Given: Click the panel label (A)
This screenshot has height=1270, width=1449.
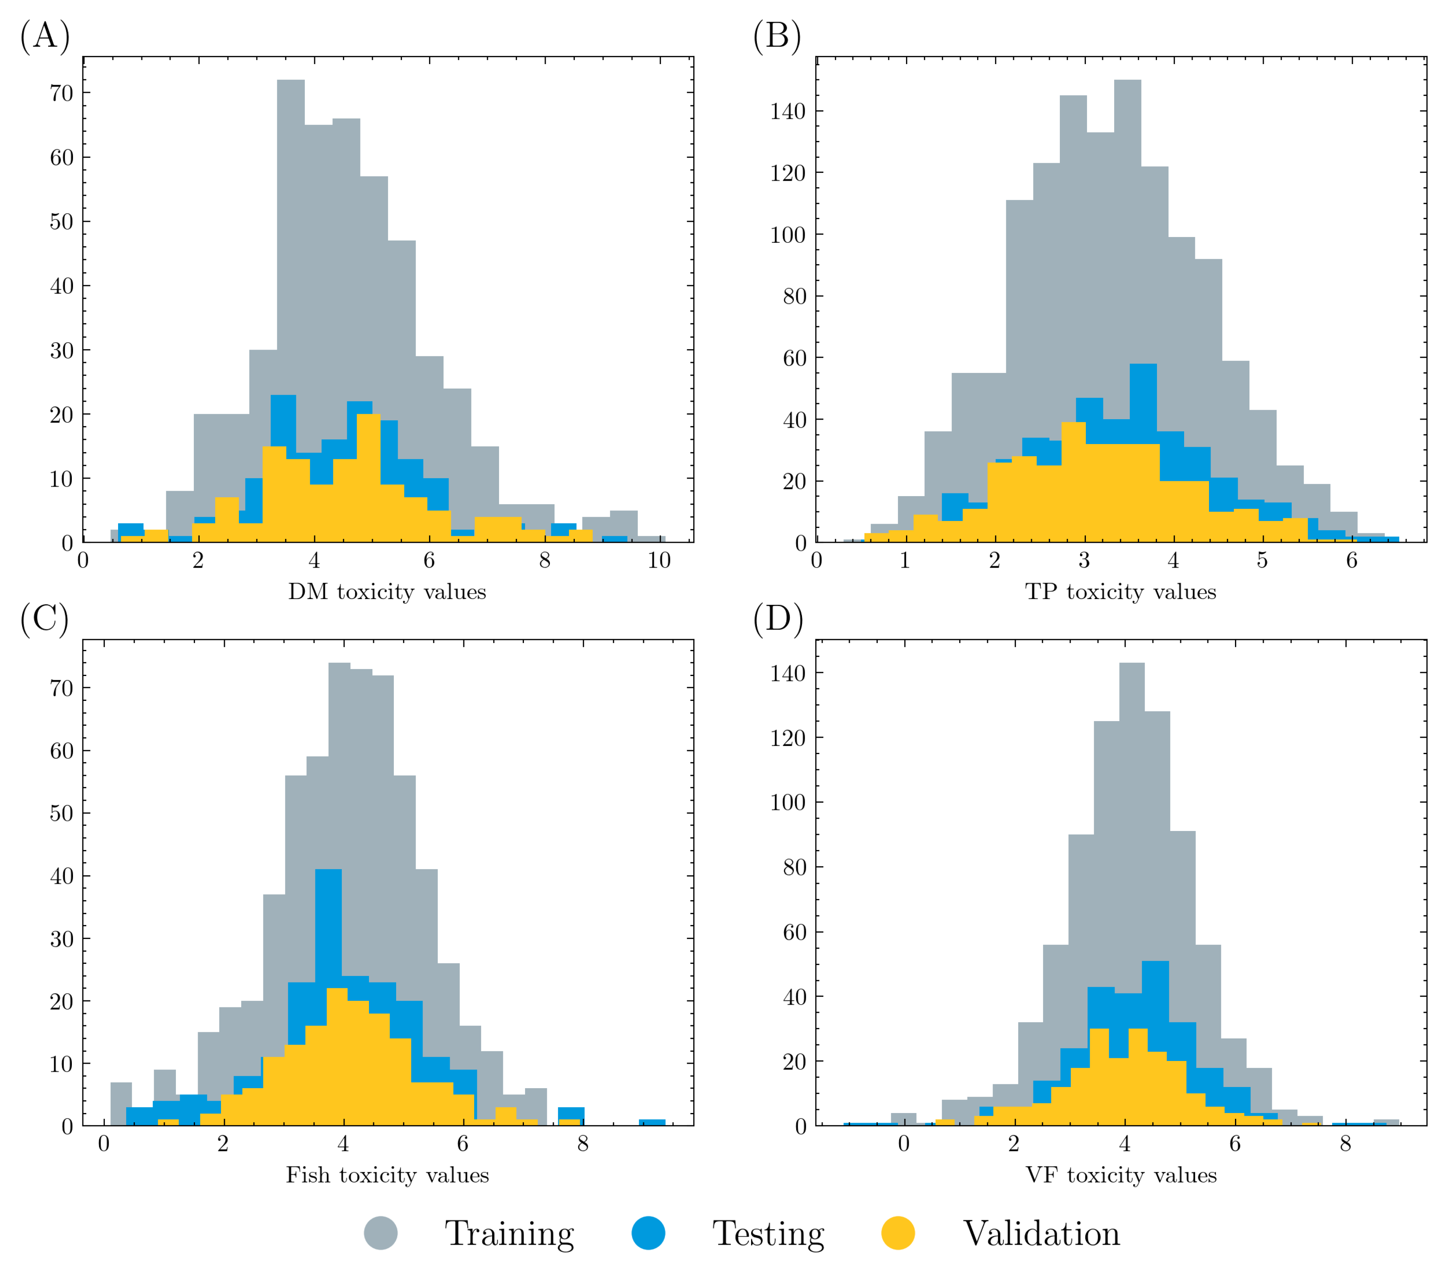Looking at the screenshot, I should click(x=45, y=35).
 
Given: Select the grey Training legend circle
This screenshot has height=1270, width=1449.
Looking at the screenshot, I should click(x=381, y=1233).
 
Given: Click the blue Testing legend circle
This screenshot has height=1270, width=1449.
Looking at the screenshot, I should click(x=648, y=1233).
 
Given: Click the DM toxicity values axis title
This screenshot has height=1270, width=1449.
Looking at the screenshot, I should click(x=387, y=592).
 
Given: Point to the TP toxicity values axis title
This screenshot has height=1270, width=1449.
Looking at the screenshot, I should click(x=1120, y=592).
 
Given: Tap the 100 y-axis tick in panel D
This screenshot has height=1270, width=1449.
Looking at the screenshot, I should click(x=788, y=802).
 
